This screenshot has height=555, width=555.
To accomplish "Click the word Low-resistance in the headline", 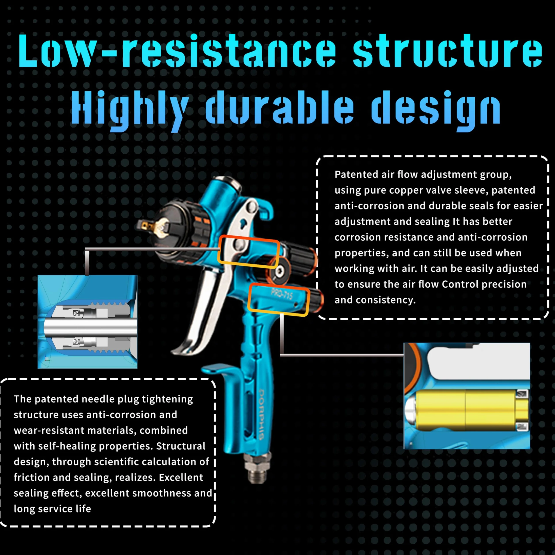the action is [x=177, y=51].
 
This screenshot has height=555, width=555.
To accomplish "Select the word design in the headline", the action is [x=436, y=110].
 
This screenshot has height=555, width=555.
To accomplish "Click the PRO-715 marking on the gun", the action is [x=282, y=294].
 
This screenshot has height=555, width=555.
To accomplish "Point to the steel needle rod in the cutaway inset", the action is [x=90, y=327].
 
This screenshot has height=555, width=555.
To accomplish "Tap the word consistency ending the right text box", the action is [x=386, y=300].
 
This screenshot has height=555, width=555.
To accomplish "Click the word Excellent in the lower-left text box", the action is [x=181, y=477].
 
